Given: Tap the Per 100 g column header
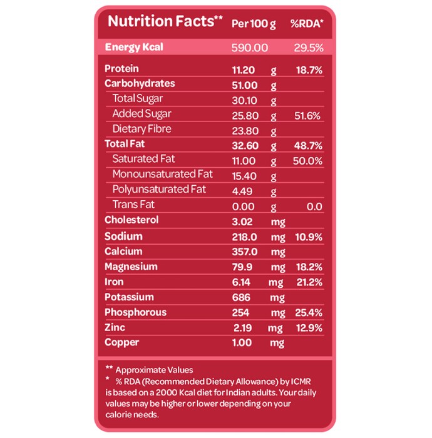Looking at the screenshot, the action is [x=254, y=24].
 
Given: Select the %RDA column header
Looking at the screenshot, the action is [x=307, y=24].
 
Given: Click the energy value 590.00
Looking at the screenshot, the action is [x=250, y=48].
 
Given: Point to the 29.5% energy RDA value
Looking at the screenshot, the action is [x=309, y=48].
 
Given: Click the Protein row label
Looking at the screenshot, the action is [x=121, y=69].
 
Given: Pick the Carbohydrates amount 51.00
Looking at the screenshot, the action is [x=245, y=85].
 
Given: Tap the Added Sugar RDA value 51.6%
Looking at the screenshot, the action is [x=307, y=116].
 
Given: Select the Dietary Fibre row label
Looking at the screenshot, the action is [x=141, y=129].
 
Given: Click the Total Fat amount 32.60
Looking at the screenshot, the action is [x=245, y=146].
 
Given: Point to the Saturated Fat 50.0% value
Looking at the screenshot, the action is [x=307, y=161].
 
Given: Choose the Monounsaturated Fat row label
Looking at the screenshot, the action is [x=162, y=174].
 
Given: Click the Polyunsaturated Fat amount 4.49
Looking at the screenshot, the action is [x=242, y=191].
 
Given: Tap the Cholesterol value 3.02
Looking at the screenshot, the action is [x=242, y=222].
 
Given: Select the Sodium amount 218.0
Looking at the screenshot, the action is [x=244, y=237].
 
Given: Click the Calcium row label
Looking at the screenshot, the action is [x=123, y=252].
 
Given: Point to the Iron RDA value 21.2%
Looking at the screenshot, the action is [x=309, y=282].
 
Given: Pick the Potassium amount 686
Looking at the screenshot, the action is [x=241, y=297].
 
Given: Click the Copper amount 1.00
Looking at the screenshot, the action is [x=242, y=342].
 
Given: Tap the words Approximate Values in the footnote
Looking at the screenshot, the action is [x=154, y=370].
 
